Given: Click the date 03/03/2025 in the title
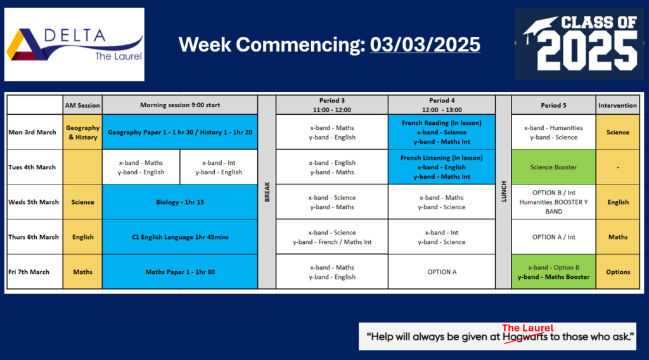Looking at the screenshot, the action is click(x=425, y=45).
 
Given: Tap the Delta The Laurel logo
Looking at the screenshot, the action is click(x=75, y=44).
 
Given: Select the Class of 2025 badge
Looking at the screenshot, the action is click(x=579, y=44).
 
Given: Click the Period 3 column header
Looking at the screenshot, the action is click(x=332, y=105).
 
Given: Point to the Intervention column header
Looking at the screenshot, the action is click(x=617, y=105).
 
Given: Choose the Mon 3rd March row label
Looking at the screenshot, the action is click(x=32, y=132).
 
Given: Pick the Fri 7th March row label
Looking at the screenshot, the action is click(x=29, y=272).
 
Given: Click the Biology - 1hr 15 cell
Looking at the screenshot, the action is click(x=180, y=202).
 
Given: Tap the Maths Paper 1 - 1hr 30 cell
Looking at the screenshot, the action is click(x=180, y=272).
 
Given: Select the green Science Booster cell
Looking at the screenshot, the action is click(x=553, y=167).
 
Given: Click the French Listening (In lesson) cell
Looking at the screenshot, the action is click(x=442, y=167).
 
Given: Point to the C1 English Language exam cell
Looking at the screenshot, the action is click(x=180, y=237).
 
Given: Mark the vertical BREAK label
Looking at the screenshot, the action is click(x=267, y=192).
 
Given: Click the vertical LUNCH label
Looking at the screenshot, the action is click(x=504, y=191).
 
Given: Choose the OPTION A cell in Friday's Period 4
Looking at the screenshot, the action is click(x=442, y=272).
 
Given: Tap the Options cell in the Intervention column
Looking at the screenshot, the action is click(x=618, y=272).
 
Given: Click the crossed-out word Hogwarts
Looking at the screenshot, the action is click(x=525, y=337).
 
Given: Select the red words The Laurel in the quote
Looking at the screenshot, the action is click(x=528, y=328).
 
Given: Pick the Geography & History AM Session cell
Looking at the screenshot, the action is click(x=83, y=132).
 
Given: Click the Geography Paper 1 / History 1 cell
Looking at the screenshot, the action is click(x=180, y=132).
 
